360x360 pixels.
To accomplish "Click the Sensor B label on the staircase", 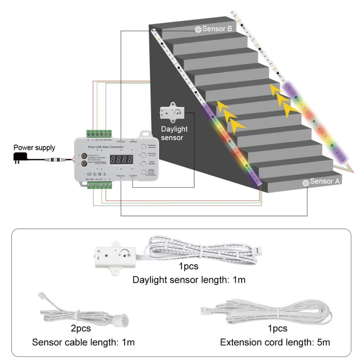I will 217,29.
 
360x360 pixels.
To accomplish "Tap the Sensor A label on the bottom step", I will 325,181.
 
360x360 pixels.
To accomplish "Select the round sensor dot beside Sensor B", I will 198,30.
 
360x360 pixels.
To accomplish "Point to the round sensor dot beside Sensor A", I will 306,183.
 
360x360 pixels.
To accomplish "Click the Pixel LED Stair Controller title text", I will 106,148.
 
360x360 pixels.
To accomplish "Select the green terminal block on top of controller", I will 99,133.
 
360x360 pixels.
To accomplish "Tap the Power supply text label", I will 34,148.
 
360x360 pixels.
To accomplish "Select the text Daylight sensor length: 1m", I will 189,279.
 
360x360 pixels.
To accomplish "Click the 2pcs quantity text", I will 81,328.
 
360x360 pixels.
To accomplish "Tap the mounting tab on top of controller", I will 145,134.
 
